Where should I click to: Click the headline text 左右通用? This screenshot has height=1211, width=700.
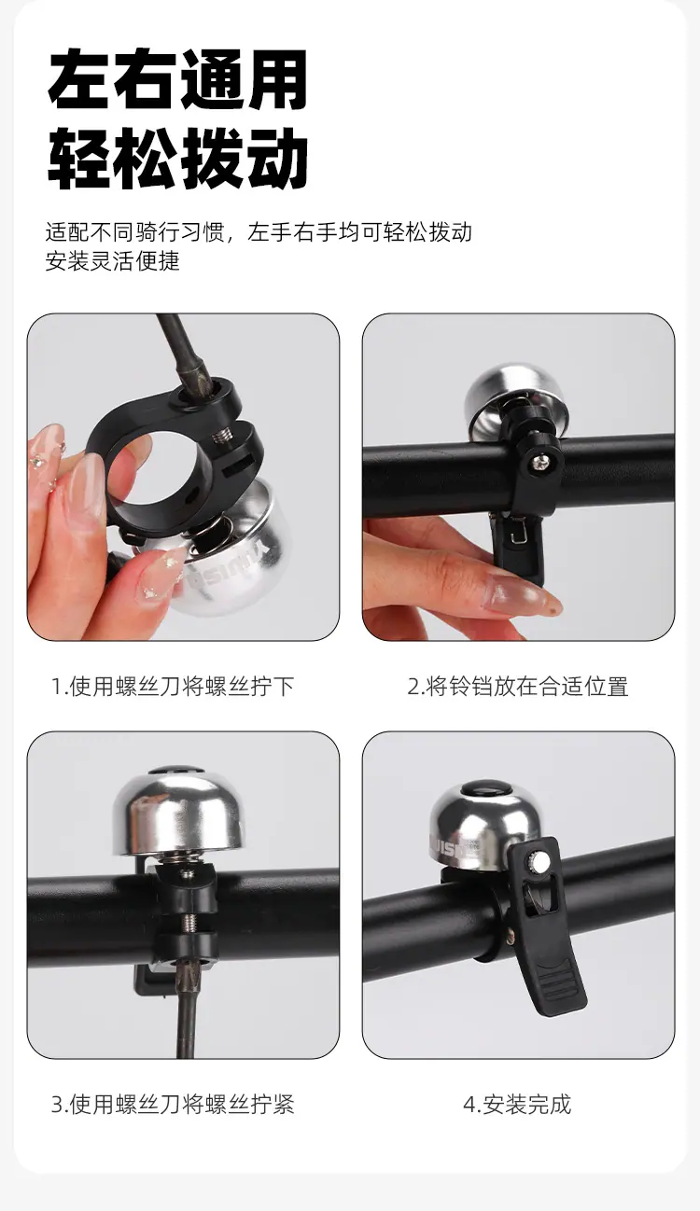click(178, 79)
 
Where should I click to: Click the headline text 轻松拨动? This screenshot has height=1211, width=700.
click(178, 159)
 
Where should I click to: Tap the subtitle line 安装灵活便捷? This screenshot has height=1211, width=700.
click(113, 261)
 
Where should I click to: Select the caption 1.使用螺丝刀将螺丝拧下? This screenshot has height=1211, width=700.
click(173, 686)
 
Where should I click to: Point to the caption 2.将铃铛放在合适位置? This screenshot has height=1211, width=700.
click(518, 686)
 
